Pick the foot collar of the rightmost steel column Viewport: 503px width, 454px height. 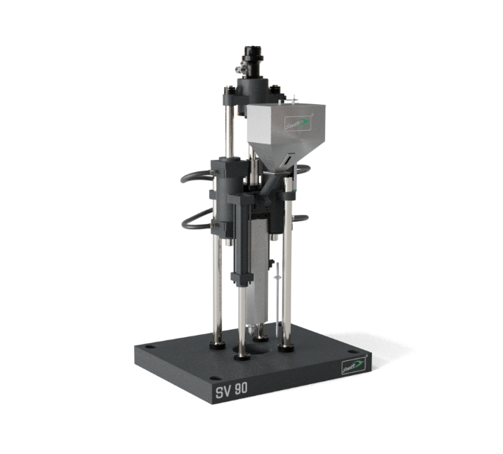pyautogui.click(x=286, y=346)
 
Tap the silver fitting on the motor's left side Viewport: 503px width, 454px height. pyautogui.click(x=240, y=69)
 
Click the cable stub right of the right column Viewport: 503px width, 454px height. pyautogui.click(x=300, y=218)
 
